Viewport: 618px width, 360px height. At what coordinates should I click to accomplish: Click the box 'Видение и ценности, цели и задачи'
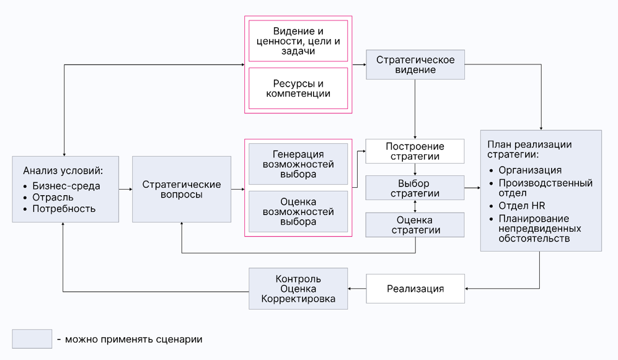[x=298, y=41]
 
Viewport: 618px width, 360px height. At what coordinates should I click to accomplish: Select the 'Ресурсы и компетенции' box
[x=298, y=89]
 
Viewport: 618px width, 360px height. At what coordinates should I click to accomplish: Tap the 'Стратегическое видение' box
[x=415, y=64]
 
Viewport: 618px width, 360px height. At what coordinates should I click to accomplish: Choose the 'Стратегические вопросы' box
[x=182, y=189]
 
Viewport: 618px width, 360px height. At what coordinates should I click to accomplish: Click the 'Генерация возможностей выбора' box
[x=298, y=164]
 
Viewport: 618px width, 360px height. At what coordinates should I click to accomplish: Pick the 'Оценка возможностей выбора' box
[x=298, y=211]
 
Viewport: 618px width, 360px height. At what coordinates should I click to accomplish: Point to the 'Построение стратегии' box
[x=415, y=151]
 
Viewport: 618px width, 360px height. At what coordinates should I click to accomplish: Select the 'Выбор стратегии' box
[x=415, y=188]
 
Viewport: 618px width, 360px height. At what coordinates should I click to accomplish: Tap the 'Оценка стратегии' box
[x=415, y=225]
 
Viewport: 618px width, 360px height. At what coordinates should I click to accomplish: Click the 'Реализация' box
[x=415, y=289]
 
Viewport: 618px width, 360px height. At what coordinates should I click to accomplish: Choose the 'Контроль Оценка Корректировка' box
[x=298, y=289]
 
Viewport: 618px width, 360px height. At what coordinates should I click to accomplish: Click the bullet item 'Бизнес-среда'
[x=66, y=186]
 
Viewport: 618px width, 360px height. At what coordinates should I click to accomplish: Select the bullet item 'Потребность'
[x=64, y=209]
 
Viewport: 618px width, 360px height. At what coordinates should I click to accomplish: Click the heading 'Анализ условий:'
[x=63, y=170]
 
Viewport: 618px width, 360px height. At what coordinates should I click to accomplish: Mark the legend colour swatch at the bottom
[x=32, y=339]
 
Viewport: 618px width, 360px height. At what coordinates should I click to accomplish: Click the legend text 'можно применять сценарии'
[x=133, y=340]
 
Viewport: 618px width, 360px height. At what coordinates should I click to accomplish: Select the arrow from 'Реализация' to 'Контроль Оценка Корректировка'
[x=357, y=289]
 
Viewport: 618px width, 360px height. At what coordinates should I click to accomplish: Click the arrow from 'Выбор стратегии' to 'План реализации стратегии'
[x=472, y=188]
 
